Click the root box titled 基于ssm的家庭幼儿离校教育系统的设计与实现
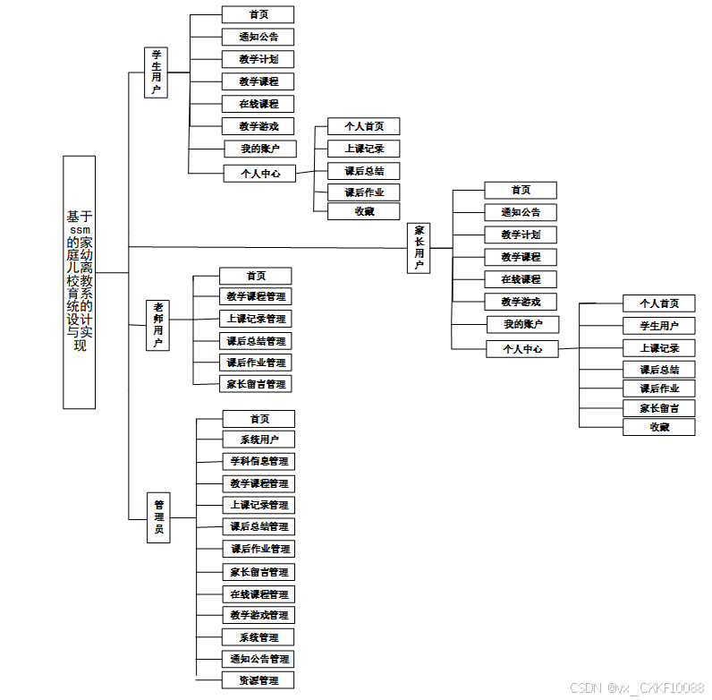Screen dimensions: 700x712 point(79,282)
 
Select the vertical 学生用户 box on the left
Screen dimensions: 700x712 point(157,72)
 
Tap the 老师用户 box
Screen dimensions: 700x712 point(157,325)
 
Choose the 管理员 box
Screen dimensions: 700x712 point(158,517)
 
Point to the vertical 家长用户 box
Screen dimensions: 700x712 point(419,248)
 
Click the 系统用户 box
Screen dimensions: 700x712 point(259,440)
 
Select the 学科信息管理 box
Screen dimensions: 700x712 point(259,461)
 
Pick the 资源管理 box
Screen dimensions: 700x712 point(259,680)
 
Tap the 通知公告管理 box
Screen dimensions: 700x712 point(259,659)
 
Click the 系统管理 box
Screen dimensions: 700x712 point(259,637)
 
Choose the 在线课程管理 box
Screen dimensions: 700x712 point(259,594)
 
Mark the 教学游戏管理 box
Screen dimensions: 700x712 point(259,615)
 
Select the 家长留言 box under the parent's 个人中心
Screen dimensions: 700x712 point(659,408)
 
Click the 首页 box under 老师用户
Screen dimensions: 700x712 point(256,276)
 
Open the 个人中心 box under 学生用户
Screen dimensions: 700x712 point(259,174)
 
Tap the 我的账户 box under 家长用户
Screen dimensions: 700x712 point(522,324)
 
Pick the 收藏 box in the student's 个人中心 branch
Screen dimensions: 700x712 point(364,211)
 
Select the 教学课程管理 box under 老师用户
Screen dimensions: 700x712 point(256,296)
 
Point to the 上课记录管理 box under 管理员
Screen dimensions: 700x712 point(259,505)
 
